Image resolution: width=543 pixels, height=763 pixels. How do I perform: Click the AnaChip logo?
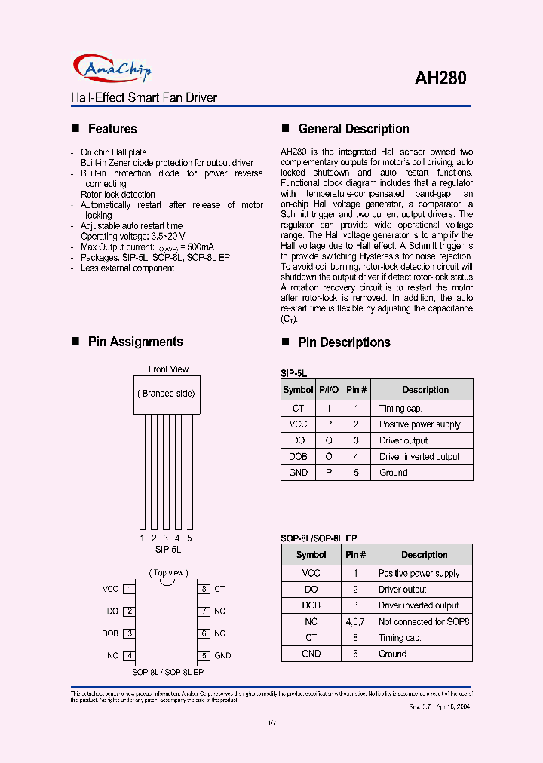pos(112,70)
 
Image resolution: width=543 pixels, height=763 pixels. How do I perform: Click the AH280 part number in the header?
pos(440,78)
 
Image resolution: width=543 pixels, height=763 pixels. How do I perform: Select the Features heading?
pos(112,129)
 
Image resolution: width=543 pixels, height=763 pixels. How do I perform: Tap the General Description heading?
pos(354,129)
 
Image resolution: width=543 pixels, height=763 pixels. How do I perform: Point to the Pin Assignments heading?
pos(135,342)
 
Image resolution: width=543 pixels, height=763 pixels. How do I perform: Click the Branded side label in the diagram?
pos(167,393)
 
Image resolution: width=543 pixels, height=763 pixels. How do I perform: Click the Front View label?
pos(168,369)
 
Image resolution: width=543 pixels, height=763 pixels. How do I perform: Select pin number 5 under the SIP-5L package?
pos(189,538)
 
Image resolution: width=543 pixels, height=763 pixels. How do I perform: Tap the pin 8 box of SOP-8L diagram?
pos(204,589)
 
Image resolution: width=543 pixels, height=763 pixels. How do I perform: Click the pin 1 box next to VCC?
pos(130,589)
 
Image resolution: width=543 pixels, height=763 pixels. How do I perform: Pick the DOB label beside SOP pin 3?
pos(110,633)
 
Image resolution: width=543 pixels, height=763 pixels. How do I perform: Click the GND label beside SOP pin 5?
pos(222,656)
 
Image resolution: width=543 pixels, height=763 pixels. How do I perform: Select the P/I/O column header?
pos(328,390)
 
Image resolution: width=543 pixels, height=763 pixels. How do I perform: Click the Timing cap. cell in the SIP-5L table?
pos(400,408)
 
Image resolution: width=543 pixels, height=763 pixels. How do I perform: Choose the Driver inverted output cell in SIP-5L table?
pos(419,456)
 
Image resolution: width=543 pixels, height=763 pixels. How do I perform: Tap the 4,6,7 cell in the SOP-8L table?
pos(355,621)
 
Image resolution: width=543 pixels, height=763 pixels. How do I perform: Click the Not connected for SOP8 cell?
pos(424,621)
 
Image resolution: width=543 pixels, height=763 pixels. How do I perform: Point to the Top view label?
pos(168,573)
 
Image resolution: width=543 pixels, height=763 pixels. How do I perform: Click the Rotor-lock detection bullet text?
pos(118,195)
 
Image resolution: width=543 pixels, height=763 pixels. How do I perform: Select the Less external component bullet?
pos(127,268)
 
